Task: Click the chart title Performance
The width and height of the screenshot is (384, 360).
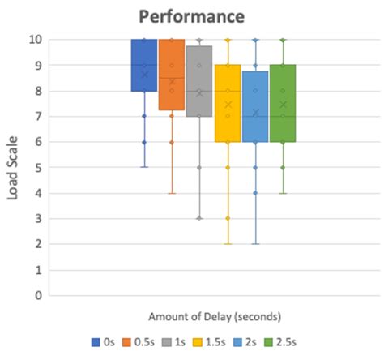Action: coord(191,16)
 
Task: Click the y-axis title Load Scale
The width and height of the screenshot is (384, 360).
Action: coord(14,167)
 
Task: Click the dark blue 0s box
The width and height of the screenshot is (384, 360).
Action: coord(144,65)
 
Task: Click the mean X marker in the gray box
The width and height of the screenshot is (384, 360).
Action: coord(199,92)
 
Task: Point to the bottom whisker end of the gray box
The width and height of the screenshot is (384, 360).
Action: coord(199,218)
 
